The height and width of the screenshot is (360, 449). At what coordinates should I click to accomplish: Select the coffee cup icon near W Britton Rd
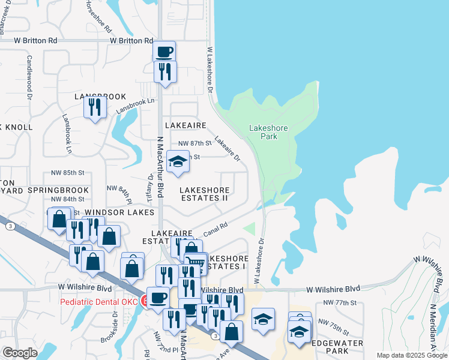coord(164,52)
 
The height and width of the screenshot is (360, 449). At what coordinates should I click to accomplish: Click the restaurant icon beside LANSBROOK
coord(95,107)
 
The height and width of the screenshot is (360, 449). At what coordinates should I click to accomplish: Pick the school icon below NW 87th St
coord(177,162)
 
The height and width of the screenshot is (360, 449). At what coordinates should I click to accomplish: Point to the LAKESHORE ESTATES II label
coord(205,193)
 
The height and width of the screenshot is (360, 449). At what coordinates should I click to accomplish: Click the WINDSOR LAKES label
coord(119,212)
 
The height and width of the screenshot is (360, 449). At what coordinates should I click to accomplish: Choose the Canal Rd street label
coord(217,229)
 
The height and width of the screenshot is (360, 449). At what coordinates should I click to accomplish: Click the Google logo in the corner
coord(20,353)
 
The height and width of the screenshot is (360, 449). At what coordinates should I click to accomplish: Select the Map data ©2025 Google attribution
coord(412,355)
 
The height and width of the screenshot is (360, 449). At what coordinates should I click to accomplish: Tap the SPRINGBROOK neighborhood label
coord(58,190)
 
